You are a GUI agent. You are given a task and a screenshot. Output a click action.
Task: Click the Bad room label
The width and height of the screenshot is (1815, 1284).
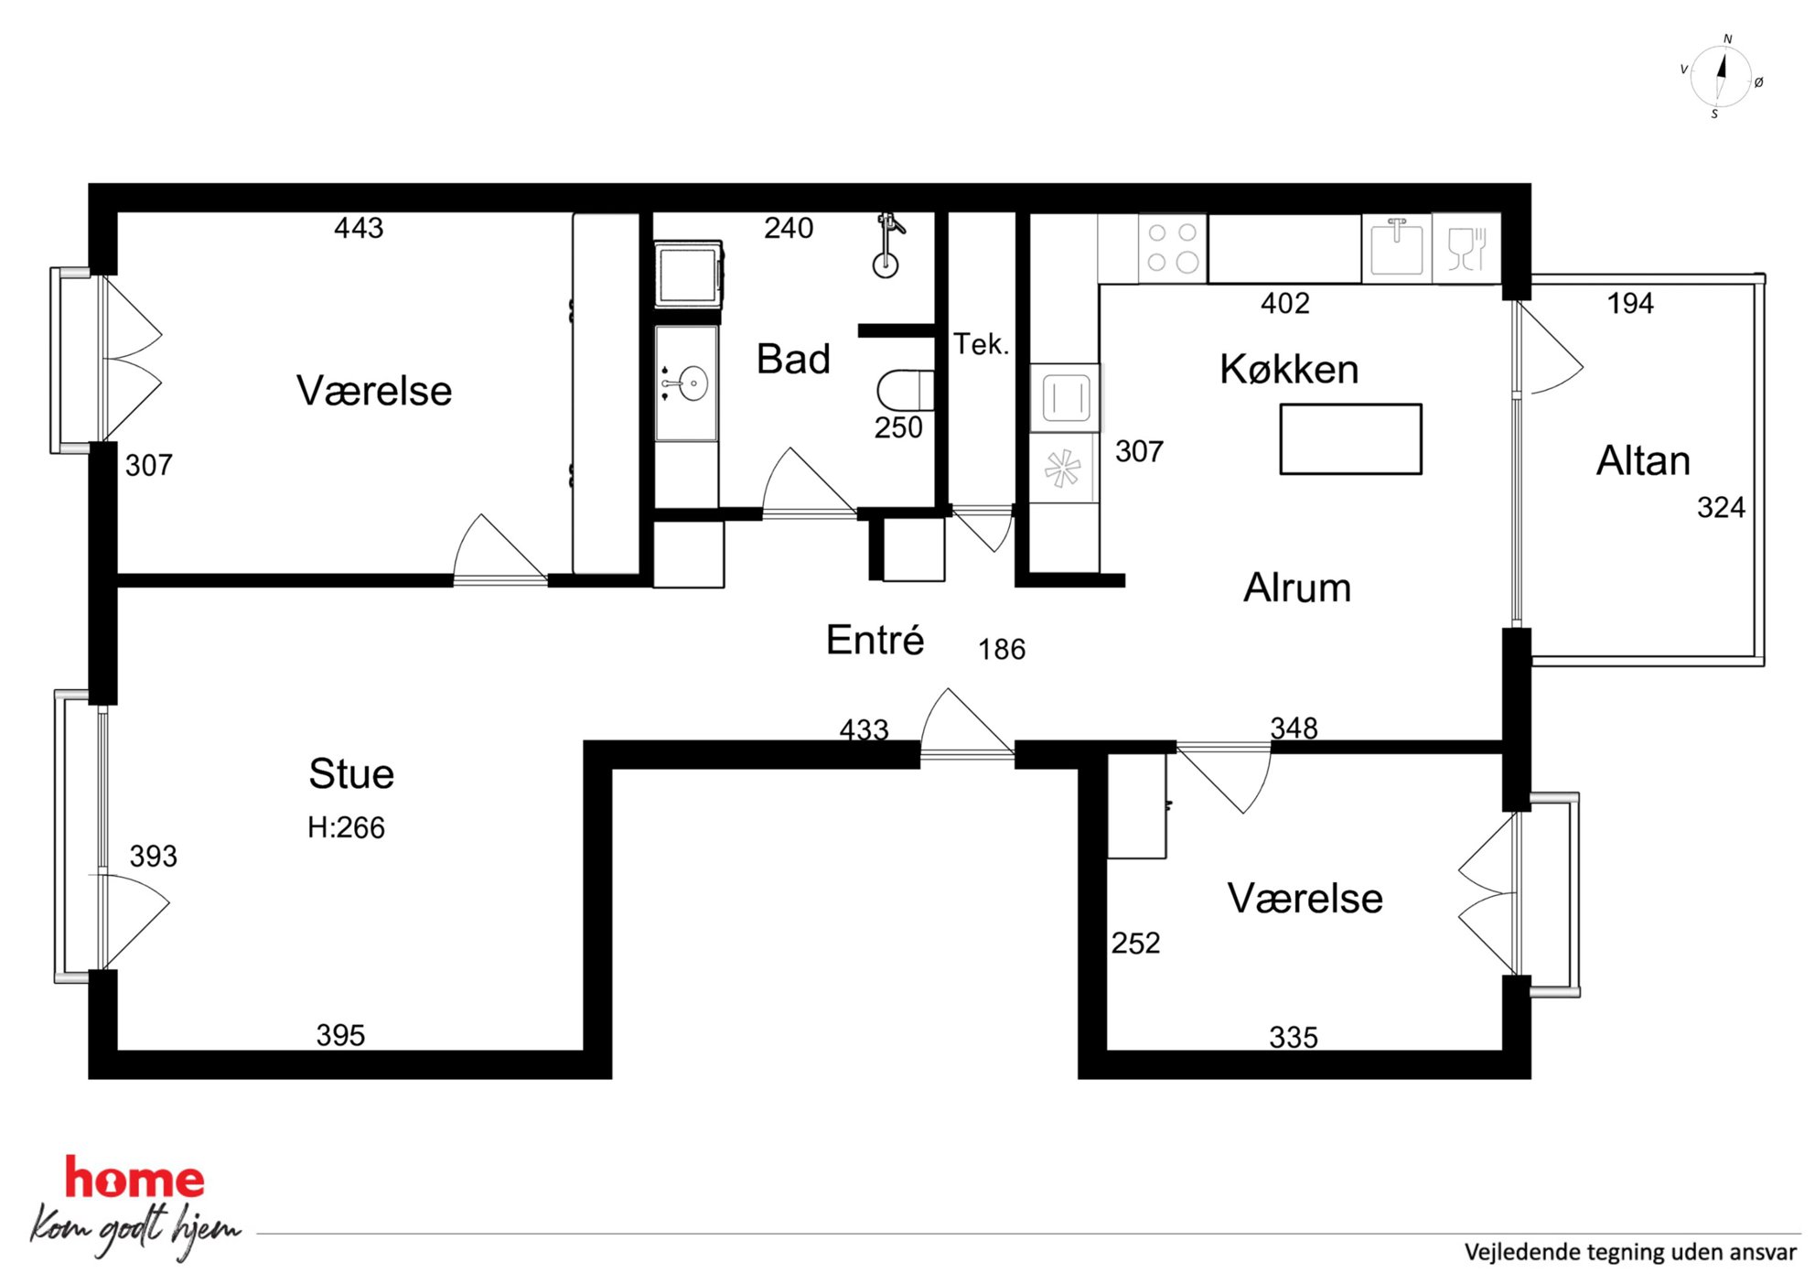tap(793, 359)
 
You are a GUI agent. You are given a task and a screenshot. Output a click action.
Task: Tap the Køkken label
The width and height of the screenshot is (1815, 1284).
tap(1289, 369)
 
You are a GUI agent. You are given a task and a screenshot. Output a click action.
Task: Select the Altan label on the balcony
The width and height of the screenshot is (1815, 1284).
tap(1643, 460)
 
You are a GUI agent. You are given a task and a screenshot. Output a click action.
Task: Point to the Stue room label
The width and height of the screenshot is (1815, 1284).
tap(351, 773)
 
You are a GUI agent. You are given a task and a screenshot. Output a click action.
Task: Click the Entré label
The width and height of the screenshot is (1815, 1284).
tap(875, 639)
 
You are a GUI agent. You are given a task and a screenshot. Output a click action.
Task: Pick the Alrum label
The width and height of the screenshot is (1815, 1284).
tap(1297, 588)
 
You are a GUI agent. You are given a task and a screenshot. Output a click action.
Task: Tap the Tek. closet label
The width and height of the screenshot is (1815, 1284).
tap(981, 344)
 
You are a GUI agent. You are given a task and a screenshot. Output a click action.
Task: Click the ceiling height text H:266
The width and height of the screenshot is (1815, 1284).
tap(346, 827)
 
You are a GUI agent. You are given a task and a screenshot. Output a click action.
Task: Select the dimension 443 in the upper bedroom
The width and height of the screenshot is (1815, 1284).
tap(359, 227)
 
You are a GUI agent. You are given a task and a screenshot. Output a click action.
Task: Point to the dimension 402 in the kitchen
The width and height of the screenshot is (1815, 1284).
tap(1285, 303)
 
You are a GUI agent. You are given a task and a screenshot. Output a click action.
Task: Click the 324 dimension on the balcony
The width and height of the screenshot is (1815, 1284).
tap(1721, 507)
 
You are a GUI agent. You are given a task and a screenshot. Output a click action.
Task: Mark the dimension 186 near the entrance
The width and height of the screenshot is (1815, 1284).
tap(1002, 649)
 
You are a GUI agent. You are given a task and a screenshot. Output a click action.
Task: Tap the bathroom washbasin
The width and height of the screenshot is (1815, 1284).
tap(686, 383)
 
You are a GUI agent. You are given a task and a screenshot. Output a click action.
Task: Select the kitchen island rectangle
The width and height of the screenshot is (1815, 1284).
tap(1350, 439)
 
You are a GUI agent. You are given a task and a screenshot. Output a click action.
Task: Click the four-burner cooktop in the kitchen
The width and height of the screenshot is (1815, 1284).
tap(1173, 247)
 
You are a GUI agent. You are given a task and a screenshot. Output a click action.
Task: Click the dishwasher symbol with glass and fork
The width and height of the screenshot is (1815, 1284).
tap(1466, 247)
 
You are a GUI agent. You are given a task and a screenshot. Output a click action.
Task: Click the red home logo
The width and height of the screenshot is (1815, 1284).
tap(134, 1178)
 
